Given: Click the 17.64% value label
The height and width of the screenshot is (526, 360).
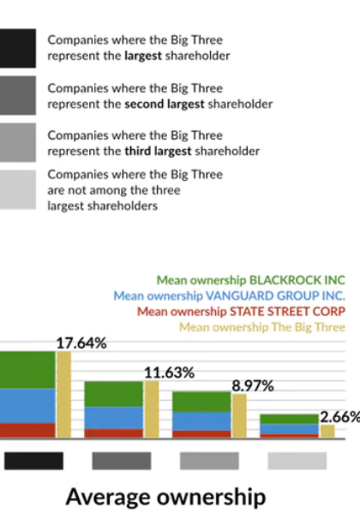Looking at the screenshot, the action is [81, 344].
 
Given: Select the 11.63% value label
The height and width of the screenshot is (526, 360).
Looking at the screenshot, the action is [169, 373].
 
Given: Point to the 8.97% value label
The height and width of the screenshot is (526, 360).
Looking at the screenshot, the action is [253, 386].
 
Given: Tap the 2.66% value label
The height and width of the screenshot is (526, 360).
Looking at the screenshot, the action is [340, 417].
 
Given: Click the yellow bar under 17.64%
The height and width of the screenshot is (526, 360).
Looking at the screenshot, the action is [63, 394].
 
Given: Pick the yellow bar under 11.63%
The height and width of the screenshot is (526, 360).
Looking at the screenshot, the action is [152, 409].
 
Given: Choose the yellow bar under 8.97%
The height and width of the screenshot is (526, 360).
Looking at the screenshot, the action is [239, 416].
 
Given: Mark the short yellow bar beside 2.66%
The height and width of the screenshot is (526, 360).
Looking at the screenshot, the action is [327, 432].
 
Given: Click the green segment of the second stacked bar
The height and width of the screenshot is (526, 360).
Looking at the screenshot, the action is [113, 394].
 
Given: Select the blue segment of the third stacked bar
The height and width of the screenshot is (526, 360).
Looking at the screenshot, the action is [201, 421].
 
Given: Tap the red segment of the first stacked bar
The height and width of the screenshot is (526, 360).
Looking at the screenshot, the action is [27, 430].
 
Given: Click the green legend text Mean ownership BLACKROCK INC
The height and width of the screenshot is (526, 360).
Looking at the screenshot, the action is [251, 280].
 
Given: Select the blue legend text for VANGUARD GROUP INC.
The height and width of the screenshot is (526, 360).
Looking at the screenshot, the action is [230, 296].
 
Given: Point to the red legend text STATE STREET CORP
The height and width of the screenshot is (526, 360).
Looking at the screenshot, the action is [241, 312].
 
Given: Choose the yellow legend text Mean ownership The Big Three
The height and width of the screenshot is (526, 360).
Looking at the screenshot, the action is [262, 327].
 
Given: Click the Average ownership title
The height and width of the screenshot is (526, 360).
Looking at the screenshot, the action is [165, 497].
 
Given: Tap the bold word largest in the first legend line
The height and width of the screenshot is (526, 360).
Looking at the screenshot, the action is [143, 56].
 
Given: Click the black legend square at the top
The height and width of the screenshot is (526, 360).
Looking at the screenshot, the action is [18, 48].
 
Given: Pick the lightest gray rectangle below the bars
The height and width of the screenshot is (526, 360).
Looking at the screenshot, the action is [297, 461].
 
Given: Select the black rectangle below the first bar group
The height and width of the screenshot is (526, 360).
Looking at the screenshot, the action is [33, 461].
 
